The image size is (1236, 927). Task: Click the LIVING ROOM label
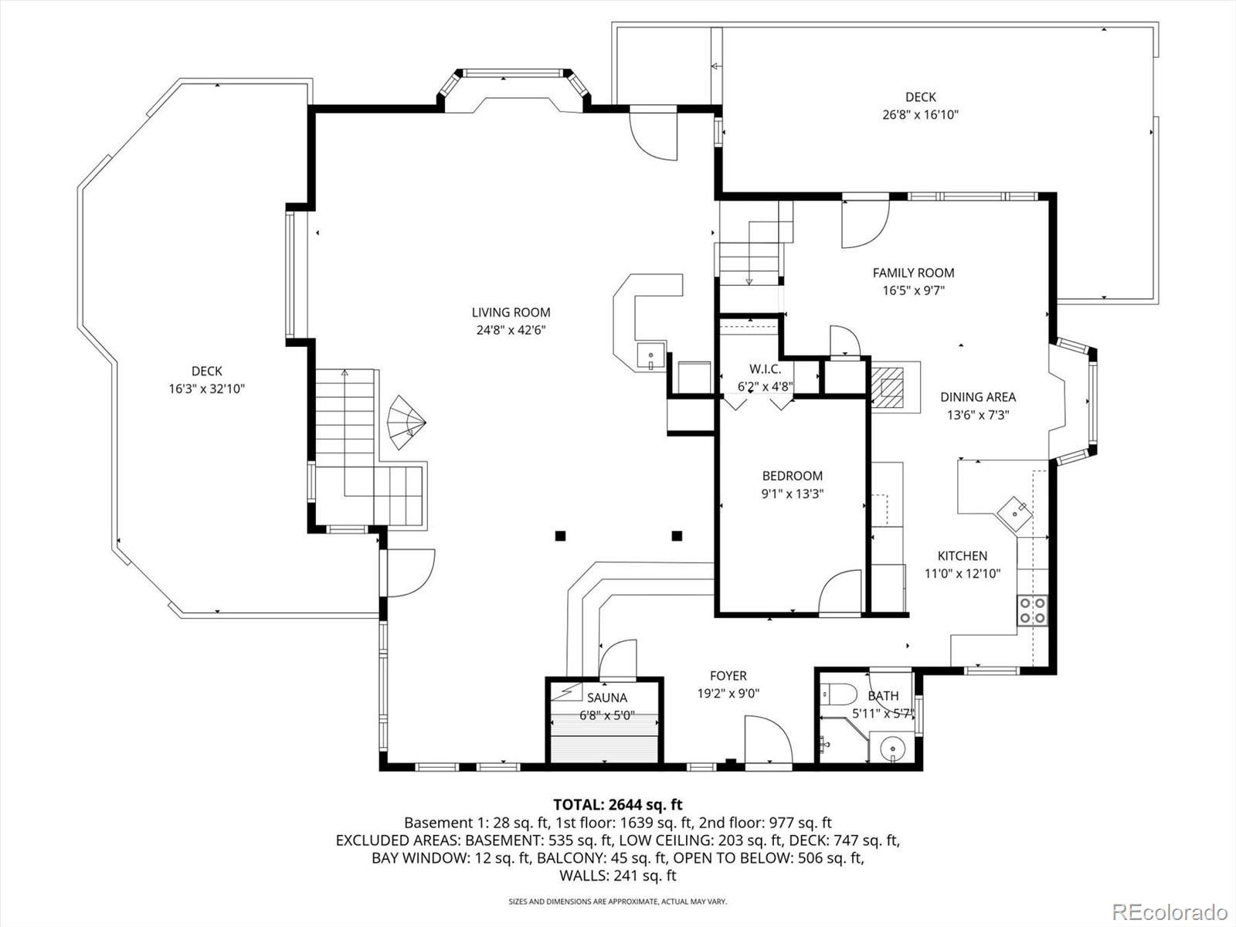(511, 312)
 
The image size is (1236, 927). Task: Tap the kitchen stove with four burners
(1033, 611)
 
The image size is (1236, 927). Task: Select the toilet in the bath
(838, 694)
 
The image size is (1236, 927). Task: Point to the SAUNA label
(607, 698)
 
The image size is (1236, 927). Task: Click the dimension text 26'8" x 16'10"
(920, 115)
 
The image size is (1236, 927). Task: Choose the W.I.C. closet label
(766, 369)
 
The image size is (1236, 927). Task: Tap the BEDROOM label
(793, 476)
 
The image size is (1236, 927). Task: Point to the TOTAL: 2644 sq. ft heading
(618, 804)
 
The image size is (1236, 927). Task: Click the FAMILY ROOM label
(913, 273)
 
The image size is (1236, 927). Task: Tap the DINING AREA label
(978, 397)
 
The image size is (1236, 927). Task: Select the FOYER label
(728, 675)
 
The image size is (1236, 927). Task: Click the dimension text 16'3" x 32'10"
(207, 389)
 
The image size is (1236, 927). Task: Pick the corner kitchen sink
(1015, 513)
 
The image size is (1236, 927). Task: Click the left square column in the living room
(560, 536)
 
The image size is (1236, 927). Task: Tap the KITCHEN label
(963, 556)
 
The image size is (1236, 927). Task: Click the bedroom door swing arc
(837, 579)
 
